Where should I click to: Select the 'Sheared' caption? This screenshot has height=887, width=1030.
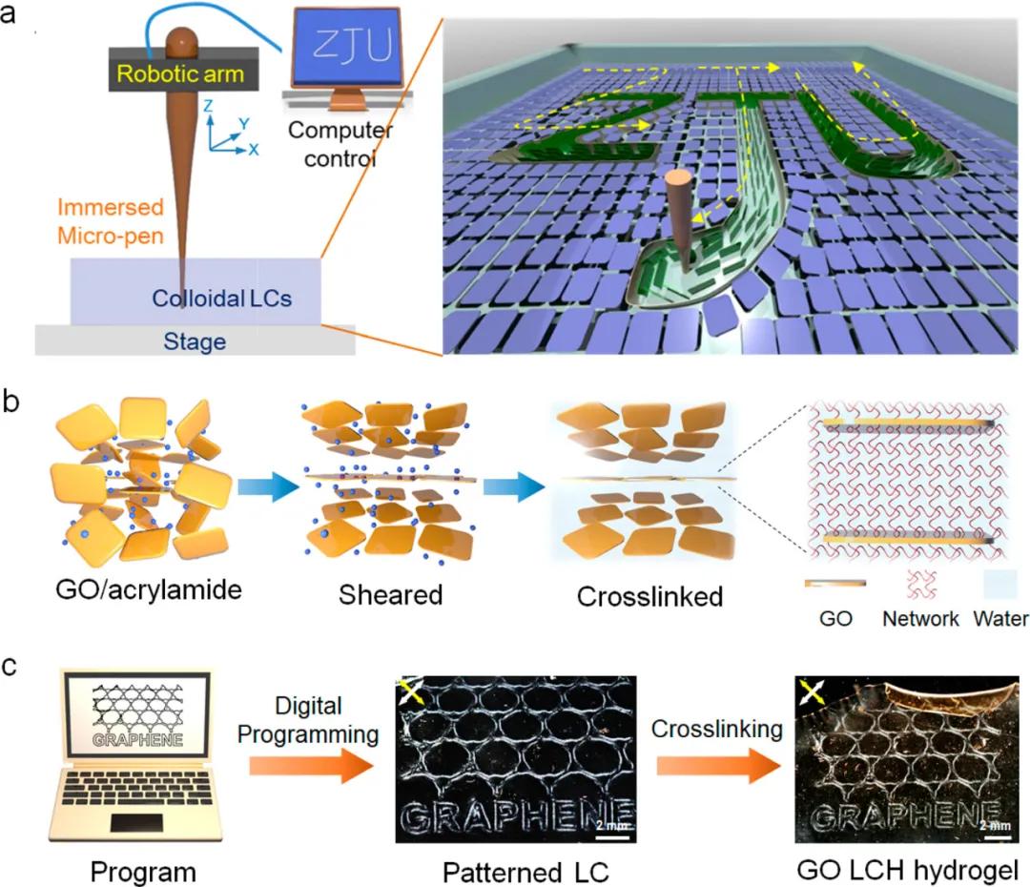pyautogui.click(x=390, y=596)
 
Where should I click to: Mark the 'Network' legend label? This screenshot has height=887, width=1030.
pyautogui.click(x=920, y=618)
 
